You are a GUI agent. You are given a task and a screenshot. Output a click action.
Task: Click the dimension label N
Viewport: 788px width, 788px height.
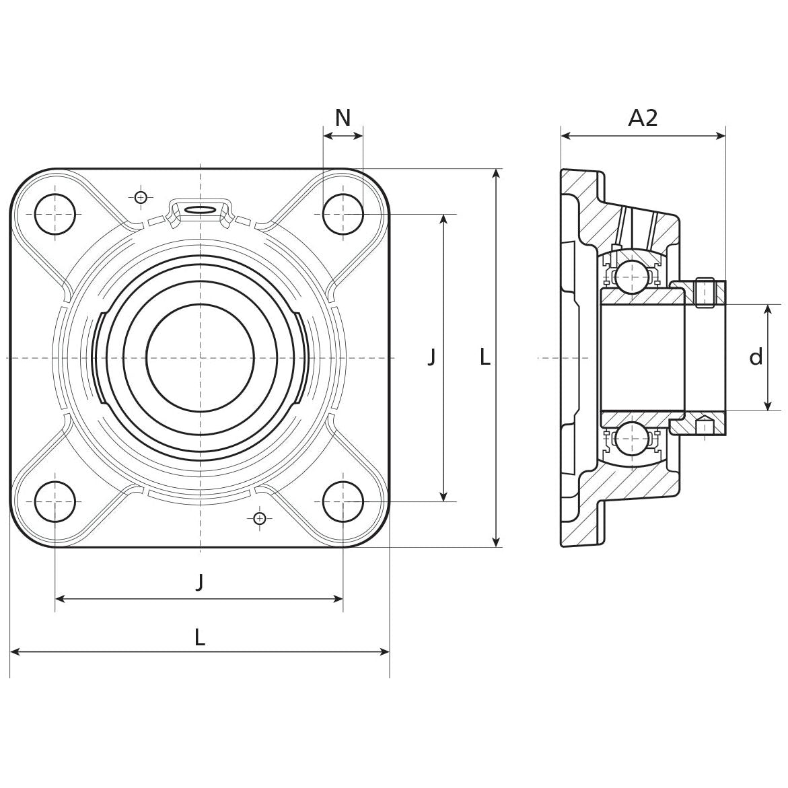(x=343, y=118)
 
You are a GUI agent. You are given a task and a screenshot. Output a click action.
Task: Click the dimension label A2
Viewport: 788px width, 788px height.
(x=643, y=118)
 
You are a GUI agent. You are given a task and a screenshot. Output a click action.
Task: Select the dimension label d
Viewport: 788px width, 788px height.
(x=756, y=357)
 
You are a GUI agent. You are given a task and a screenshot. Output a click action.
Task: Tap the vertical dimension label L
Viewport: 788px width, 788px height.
(x=485, y=357)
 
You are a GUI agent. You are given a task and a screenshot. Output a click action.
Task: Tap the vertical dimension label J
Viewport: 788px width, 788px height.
(x=431, y=357)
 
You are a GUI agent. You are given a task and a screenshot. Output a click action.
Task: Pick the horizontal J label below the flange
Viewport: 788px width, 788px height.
(x=199, y=581)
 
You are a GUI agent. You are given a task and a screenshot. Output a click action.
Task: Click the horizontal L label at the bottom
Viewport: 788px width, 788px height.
(x=199, y=637)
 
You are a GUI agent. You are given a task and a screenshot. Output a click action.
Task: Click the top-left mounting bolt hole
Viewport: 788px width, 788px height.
(x=55, y=214)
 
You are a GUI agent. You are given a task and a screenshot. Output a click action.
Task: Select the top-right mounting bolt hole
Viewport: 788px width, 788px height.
(x=343, y=214)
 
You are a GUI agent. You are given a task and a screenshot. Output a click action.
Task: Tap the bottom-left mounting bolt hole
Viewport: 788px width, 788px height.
(x=55, y=502)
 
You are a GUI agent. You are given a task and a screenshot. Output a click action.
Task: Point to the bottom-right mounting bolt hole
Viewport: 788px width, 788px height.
(x=343, y=502)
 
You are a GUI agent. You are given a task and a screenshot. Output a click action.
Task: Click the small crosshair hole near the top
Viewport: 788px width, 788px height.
(x=140, y=196)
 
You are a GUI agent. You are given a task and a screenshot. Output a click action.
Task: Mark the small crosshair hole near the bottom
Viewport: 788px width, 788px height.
(x=260, y=517)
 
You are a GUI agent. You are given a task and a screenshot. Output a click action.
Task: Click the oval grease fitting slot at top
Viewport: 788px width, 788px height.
(x=200, y=210)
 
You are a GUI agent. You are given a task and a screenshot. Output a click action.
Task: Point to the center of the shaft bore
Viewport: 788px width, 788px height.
(x=200, y=357)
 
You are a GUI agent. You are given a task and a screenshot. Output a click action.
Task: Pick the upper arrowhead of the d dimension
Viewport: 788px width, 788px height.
(x=768, y=309)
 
